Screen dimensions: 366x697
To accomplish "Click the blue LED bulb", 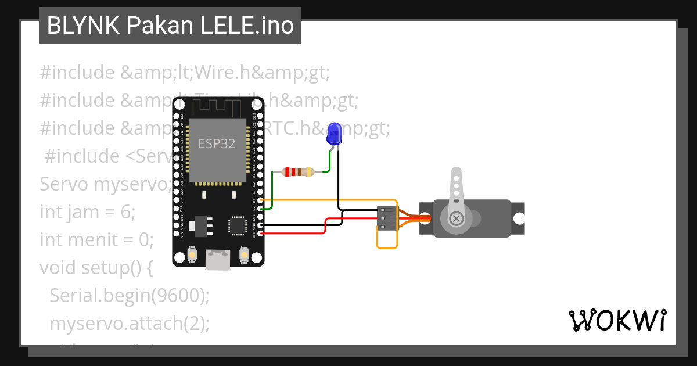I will (x=333, y=134).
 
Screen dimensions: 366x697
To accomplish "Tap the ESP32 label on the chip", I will (x=217, y=143).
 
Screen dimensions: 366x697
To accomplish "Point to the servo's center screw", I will (x=457, y=218).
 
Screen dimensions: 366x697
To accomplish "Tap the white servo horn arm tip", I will (x=457, y=174).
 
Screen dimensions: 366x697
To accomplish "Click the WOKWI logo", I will (x=617, y=320).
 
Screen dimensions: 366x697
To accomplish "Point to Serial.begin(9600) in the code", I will (x=129, y=296).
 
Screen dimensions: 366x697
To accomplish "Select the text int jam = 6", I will (x=87, y=212).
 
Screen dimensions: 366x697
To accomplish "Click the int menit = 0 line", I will (x=96, y=240).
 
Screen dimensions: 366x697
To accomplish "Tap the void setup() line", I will (x=96, y=268).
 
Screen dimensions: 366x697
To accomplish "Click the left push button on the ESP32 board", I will (x=192, y=254).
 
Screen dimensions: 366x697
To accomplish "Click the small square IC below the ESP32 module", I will (x=237, y=225).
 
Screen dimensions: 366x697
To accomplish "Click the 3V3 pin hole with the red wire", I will (x=260, y=234).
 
